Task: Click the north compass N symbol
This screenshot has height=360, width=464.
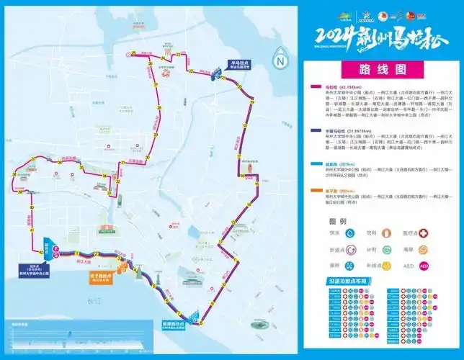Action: click(280, 60)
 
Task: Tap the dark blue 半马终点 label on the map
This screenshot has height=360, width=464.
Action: click(240, 64)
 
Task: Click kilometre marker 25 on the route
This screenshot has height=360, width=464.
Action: click(133, 54)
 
